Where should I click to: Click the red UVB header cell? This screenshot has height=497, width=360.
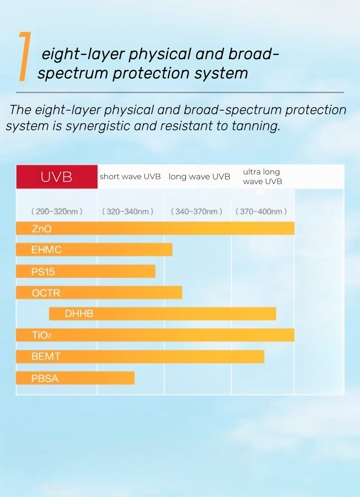coord(57,177)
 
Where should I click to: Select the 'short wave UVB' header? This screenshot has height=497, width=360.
coord(130,177)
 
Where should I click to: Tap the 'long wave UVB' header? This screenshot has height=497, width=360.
coord(199,177)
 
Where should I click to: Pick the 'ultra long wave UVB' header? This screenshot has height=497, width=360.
coord(262,177)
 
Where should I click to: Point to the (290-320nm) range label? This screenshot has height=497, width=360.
coord(57,211)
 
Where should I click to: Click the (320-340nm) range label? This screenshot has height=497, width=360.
coord(128,211)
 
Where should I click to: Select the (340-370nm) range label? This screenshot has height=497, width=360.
coord(196,211)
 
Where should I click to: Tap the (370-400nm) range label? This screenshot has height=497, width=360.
coord(261,211)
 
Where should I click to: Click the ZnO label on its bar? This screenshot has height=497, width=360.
coord(41,229)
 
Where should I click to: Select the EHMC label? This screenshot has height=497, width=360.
coord(46,250)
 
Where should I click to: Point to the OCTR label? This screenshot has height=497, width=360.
coord(46,293)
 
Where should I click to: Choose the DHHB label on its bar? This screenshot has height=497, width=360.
coord(79,314)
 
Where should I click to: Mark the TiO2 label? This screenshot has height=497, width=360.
coord(41,336)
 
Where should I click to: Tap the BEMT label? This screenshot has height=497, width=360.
coord(46,357)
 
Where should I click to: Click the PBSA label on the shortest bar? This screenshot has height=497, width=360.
coord(45,378)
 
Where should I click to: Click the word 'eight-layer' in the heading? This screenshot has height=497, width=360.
coord(82,54)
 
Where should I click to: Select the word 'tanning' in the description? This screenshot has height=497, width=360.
coord(255,126)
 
